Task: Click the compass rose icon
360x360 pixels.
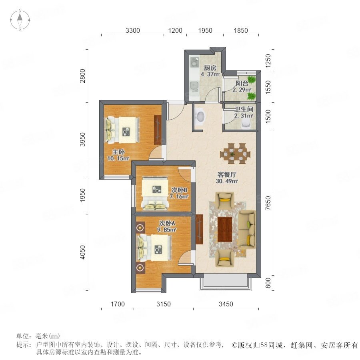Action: (x=20, y=20)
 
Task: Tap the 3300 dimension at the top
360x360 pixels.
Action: (x=133, y=30)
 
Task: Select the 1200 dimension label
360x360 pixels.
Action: (x=175, y=30)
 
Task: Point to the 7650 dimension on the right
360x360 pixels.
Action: (x=268, y=203)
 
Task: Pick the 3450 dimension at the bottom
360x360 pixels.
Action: (x=226, y=304)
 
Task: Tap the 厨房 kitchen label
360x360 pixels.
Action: (x=210, y=68)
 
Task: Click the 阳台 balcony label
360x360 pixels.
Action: (x=242, y=83)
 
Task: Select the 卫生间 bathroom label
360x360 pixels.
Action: (x=244, y=109)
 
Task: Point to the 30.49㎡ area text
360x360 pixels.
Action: (x=227, y=181)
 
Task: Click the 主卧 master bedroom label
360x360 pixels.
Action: (x=118, y=152)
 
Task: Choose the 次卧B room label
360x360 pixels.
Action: (x=179, y=190)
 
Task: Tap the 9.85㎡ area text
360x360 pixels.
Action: (x=167, y=230)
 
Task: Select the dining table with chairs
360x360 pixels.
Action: (x=235, y=154)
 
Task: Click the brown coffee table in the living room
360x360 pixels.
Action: (x=225, y=229)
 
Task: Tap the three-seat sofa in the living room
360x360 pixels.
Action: (x=247, y=229)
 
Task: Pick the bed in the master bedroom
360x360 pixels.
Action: (x=122, y=130)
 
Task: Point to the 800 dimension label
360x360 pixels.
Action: (x=268, y=283)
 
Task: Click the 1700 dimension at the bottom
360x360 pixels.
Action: (x=118, y=304)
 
